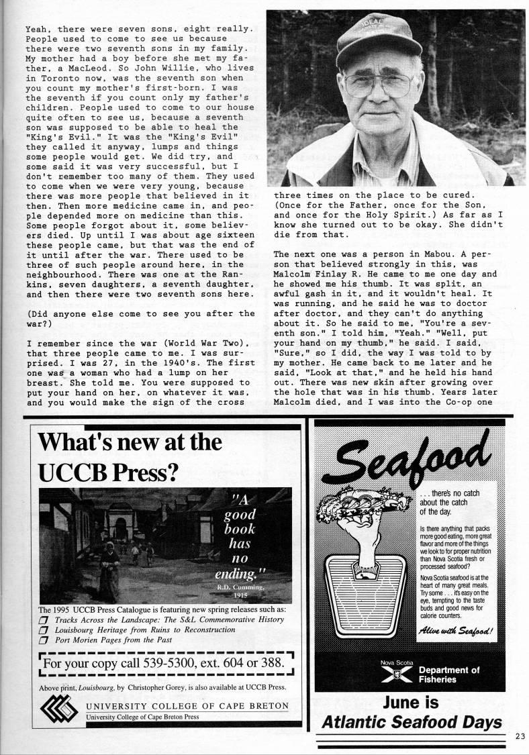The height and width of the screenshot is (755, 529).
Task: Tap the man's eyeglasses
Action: tap(379, 84)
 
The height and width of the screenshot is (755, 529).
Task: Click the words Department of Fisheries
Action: tap(449, 674)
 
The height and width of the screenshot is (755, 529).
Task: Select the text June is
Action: tap(411, 703)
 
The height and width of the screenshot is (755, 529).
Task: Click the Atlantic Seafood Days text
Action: tap(411, 723)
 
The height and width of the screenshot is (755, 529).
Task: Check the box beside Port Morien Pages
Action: tap(44, 640)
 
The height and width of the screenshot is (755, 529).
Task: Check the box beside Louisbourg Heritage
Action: tap(44, 630)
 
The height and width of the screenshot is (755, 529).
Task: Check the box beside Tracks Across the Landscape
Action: tap(44, 619)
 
